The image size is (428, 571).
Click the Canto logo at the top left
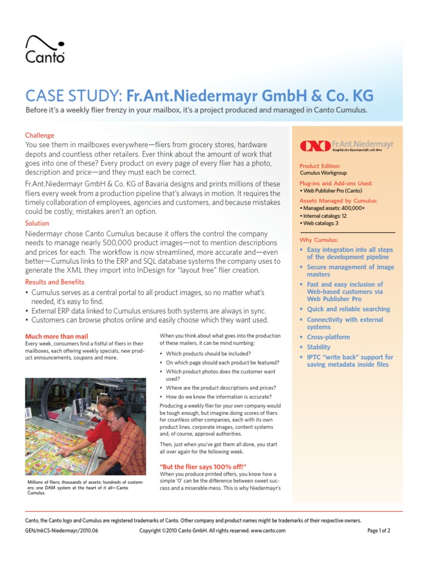(x=45, y=49)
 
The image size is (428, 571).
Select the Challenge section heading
(x=40, y=136)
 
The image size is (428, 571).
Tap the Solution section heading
(x=37, y=223)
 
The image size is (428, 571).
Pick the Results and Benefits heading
(x=55, y=282)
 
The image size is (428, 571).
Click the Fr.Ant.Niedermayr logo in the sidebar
(x=347, y=146)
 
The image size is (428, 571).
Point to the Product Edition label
(x=320, y=166)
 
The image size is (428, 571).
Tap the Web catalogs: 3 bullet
(x=319, y=223)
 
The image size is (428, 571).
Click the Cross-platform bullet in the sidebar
(x=328, y=337)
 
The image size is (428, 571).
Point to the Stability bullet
(x=318, y=347)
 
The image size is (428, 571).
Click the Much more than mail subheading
(x=57, y=336)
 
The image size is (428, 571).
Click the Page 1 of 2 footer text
(x=378, y=531)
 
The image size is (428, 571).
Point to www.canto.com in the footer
(x=268, y=531)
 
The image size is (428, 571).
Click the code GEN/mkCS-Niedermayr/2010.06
(x=62, y=531)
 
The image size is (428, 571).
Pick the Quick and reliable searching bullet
(x=348, y=309)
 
